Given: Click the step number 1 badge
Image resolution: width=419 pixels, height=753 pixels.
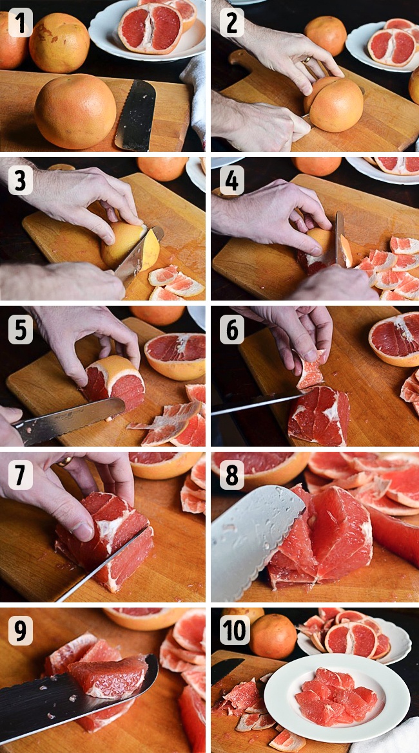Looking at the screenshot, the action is (x=21, y=23).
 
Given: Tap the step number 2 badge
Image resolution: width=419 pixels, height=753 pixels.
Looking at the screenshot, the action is (x=232, y=23).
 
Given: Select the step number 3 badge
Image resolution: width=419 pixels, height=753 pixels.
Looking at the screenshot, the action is (x=21, y=180).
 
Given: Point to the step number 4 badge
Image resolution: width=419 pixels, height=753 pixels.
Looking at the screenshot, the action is (x=232, y=180).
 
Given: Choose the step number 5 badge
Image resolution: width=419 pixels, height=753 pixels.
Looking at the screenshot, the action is (x=21, y=330).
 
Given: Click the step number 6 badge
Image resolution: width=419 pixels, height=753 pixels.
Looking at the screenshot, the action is (x=232, y=330).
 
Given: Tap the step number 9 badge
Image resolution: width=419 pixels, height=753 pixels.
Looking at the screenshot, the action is (x=21, y=630).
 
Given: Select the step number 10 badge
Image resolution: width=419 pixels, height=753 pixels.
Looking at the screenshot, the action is (x=235, y=630).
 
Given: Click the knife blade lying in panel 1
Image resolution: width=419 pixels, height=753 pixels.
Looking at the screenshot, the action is (x=135, y=115).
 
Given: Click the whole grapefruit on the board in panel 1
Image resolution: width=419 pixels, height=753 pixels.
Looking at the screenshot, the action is (x=75, y=111).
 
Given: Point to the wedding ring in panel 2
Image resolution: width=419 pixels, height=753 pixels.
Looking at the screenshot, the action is (x=306, y=60).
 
